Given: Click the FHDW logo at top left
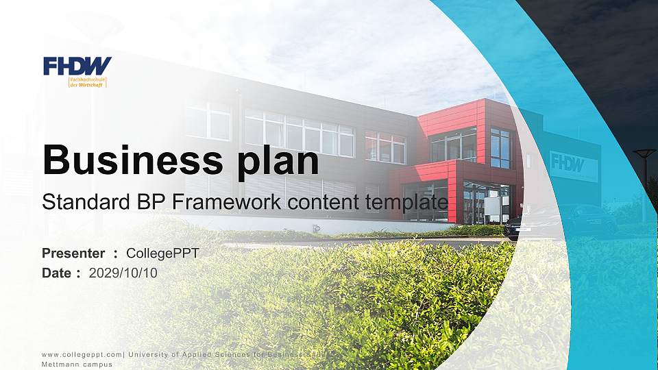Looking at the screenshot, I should click(x=77, y=66).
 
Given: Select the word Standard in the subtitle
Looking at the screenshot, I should click(x=75, y=202).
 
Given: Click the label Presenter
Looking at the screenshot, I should click(x=73, y=254).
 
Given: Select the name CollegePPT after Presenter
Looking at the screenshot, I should click(x=162, y=254).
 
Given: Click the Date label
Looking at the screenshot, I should click(x=57, y=273).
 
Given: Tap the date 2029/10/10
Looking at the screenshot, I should click(x=123, y=273).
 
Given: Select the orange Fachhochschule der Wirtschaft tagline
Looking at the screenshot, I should click(x=87, y=82).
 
